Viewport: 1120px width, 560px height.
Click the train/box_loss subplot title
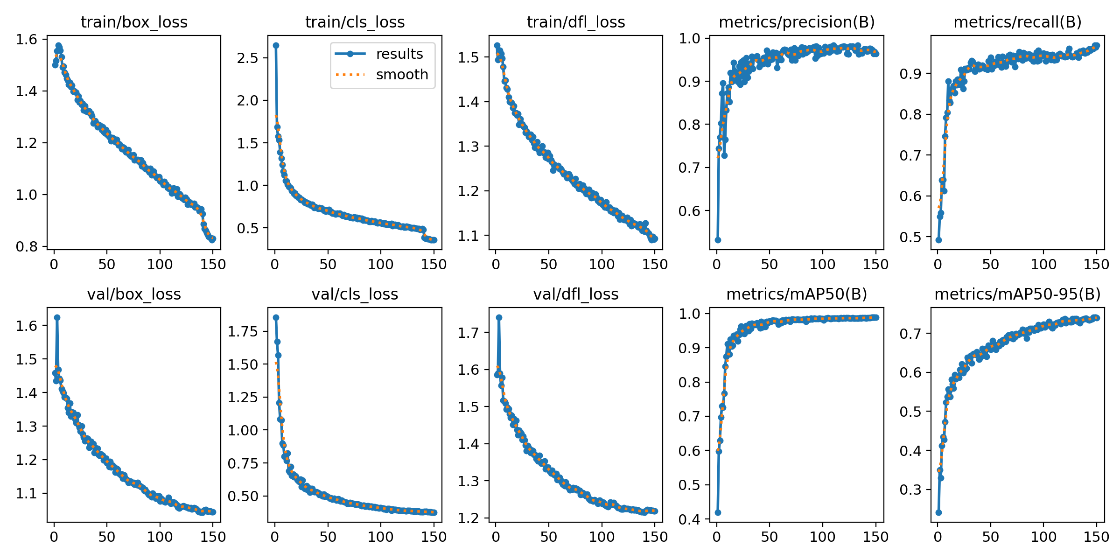[x=134, y=22]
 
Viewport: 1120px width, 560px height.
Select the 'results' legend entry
[x=399, y=54]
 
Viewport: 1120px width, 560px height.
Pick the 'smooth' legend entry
[x=402, y=74]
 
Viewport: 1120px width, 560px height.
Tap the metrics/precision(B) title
[x=797, y=22]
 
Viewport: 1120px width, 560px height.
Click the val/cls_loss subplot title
[x=355, y=294]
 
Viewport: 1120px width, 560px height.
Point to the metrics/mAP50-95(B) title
[x=1017, y=294]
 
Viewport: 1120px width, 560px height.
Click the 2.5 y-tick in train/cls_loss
[x=247, y=58]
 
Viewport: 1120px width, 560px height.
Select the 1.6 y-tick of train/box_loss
[x=27, y=39]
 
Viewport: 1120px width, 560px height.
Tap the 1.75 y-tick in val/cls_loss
[x=243, y=331]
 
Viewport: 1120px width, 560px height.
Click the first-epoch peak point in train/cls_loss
[x=276, y=45]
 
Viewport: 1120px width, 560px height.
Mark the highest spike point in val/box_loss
[x=57, y=317]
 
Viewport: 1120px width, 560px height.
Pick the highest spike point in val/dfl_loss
[x=499, y=317]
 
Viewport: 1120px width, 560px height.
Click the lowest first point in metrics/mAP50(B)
[x=718, y=512]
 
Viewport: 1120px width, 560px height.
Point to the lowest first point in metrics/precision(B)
[x=718, y=240]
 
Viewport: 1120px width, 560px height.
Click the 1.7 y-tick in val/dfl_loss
[x=469, y=333]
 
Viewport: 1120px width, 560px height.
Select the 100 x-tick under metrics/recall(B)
[x=1043, y=264]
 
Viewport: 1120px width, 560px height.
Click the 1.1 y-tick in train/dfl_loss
[x=469, y=236]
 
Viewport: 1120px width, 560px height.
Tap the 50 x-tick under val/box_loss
[x=107, y=537]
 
